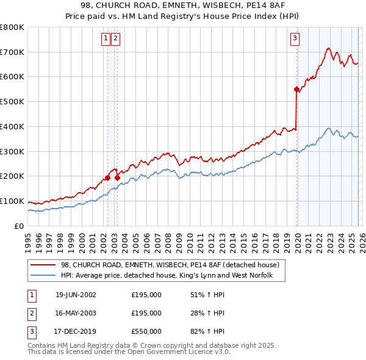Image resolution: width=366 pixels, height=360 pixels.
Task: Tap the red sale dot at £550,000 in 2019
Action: coord(296,89)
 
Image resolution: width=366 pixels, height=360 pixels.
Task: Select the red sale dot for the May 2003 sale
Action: coord(117,178)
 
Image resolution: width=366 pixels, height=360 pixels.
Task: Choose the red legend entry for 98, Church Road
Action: coord(170,265)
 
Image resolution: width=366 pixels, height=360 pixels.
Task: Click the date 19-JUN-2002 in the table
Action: coord(76,295)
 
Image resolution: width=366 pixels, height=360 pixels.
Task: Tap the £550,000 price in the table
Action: coord(146,331)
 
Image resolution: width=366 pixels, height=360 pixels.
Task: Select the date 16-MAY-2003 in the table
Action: coord(76,313)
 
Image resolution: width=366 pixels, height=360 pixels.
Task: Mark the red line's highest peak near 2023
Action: coord(328,48)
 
